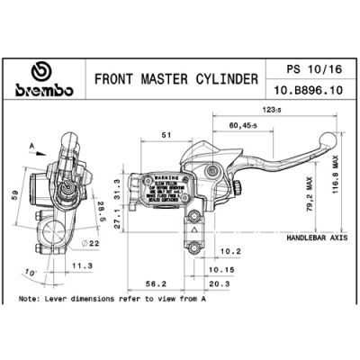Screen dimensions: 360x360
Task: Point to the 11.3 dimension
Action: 82,265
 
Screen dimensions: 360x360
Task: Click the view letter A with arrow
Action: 32,143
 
